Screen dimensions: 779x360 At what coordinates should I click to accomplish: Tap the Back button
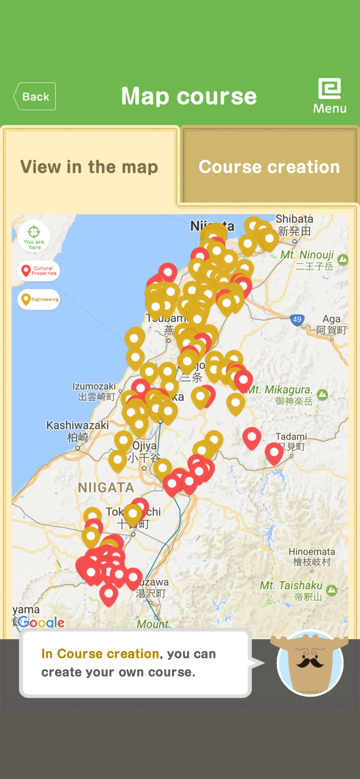pyautogui.click(x=34, y=97)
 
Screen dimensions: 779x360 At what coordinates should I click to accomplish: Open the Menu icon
pyautogui.click(x=329, y=96)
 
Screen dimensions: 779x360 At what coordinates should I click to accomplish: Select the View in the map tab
pyautogui.click(x=89, y=167)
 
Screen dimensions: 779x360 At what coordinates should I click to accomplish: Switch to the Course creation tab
pyautogui.click(x=269, y=167)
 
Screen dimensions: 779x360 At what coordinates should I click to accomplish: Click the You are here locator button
pyautogui.click(x=34, y=236)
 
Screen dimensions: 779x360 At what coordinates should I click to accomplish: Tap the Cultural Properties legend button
pyautogui.click(x=39, y=271)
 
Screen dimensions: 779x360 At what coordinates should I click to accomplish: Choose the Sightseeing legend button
pyautogui.click(x=39, y=299)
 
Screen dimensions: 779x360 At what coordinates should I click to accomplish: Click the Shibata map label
pyautogui.click(x=295, y=224)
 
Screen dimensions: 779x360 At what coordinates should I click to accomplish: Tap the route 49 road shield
pyautogui.click(x=297, y=319)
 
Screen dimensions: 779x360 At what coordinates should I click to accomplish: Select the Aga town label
pyautogui.click(x=331, y=324)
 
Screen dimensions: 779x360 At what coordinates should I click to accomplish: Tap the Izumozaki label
pyautogui.click(x=94, y=391)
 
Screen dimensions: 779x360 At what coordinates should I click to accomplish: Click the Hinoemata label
pyautogui.click(x=312, y=556)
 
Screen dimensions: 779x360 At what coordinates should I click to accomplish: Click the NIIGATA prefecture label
pyautogui.click(x=106, y=487)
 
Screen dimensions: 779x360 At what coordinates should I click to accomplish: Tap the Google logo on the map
pyautogui.click(x=42, y=622)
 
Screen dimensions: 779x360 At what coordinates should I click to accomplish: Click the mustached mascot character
pyautogui.click(x=311, y=663)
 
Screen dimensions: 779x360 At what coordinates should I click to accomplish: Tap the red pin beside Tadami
pyautogui.click(x=274, y=452)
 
